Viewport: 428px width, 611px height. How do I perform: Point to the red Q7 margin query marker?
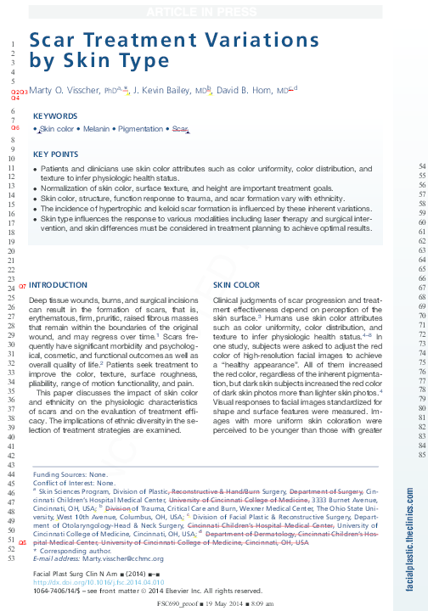click(22, 285)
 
